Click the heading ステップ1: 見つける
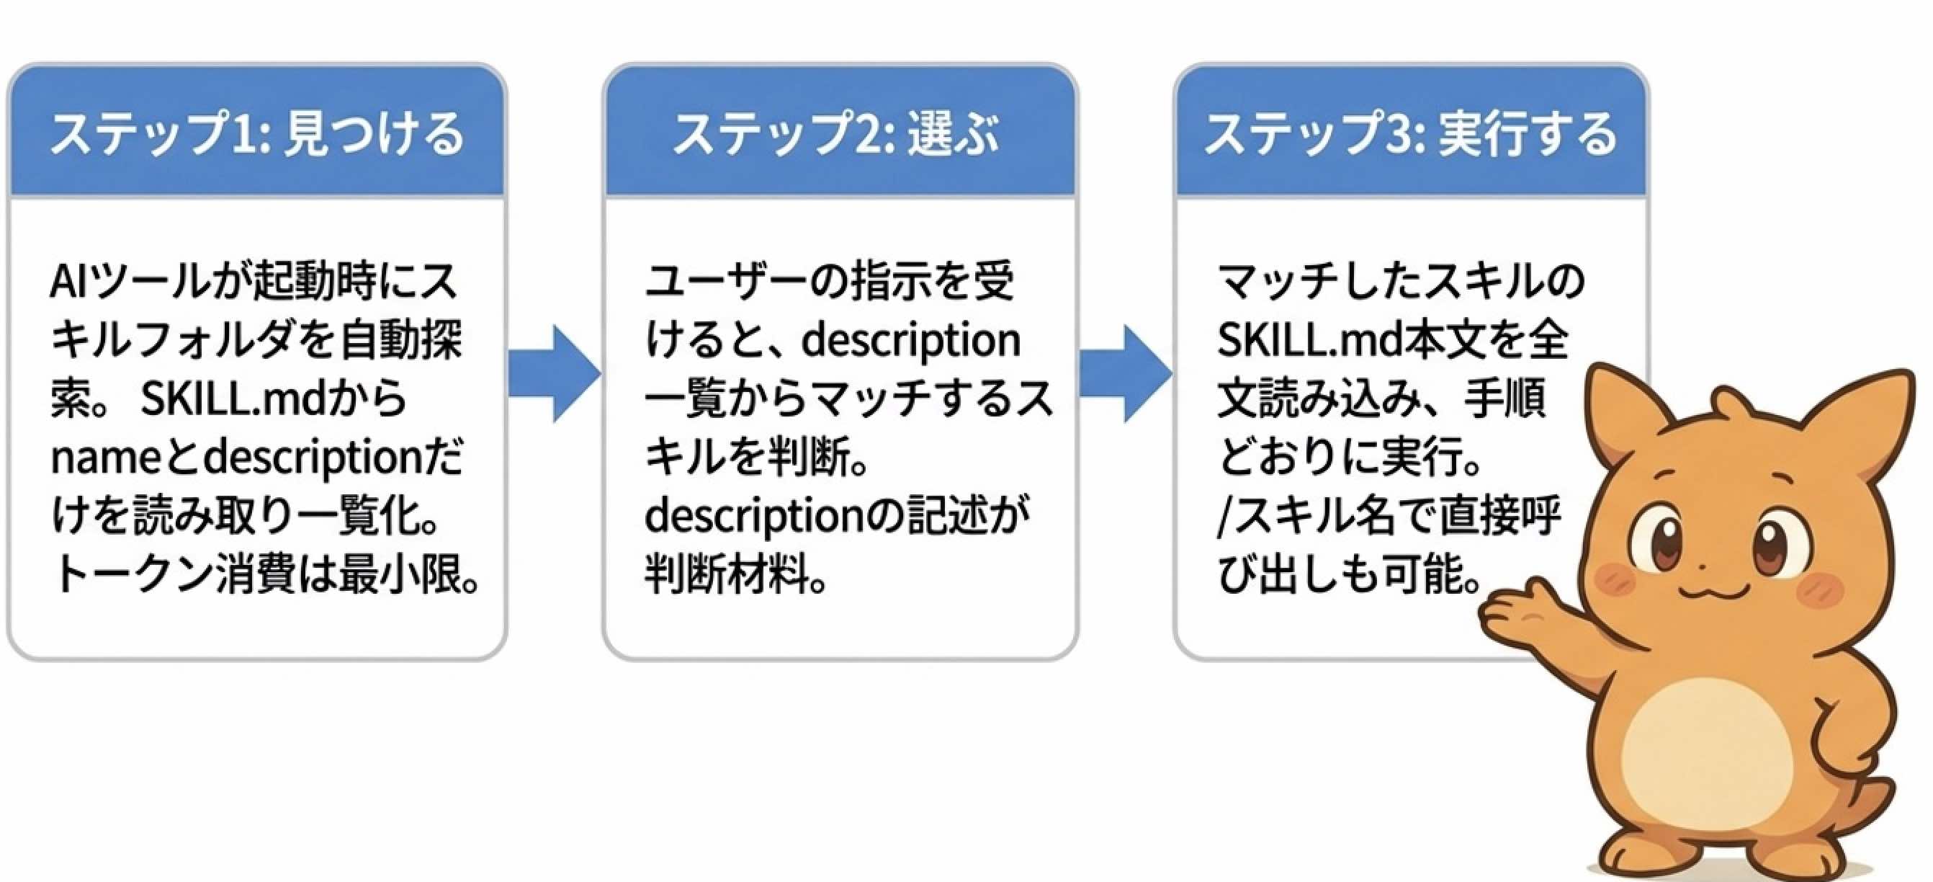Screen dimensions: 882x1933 256,133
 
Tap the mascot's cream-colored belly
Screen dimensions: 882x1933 1718,758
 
